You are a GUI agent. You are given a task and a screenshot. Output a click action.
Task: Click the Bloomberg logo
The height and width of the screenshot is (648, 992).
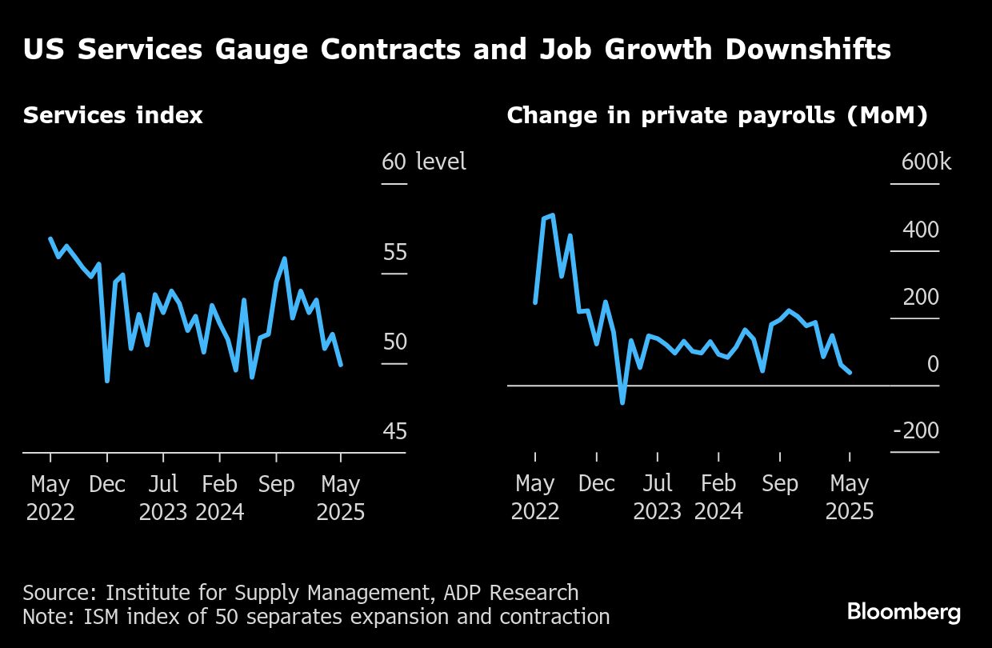click(x=903, y=614)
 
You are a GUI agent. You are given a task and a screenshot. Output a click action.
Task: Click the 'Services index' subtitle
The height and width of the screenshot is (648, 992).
click(x=113, y=116)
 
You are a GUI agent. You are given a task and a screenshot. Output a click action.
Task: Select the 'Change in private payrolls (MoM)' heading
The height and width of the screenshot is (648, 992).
click(x=717, y=116)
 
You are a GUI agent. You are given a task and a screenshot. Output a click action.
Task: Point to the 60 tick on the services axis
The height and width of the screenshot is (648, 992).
click(x=394, y=162)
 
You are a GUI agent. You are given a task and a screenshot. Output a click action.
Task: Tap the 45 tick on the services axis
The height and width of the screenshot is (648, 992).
click(x=394, y=432)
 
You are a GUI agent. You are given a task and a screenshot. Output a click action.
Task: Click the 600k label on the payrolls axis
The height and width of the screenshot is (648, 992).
click(x=926, y=162)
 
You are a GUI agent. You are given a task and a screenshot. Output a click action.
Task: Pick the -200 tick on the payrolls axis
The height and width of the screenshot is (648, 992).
click(x=915, y=432)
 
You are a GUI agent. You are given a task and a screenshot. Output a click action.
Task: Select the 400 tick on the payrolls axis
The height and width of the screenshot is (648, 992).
click(x=921, y=230)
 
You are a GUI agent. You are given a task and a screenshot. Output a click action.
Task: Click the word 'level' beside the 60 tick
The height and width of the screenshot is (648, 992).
click(x=441, y=162)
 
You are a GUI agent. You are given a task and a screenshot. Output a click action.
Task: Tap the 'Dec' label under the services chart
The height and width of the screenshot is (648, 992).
click(x=107, y=485)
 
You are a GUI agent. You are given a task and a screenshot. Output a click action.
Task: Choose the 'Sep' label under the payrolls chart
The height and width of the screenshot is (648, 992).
click(x=780, y=484)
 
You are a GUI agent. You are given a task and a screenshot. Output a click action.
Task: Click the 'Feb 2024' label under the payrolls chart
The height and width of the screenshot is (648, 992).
click(x=718, y=498)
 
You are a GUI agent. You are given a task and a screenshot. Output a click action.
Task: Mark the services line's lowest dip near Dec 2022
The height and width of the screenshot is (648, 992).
click(x=107, y=381)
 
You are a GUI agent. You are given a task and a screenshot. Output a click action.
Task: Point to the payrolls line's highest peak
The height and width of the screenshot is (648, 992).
click(x=553, y=214)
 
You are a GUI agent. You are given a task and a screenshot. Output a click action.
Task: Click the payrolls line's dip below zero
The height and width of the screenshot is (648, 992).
click(x=622, y=402)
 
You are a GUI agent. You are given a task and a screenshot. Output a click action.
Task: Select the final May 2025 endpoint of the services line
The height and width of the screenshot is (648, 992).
click(x=342, y=366)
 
